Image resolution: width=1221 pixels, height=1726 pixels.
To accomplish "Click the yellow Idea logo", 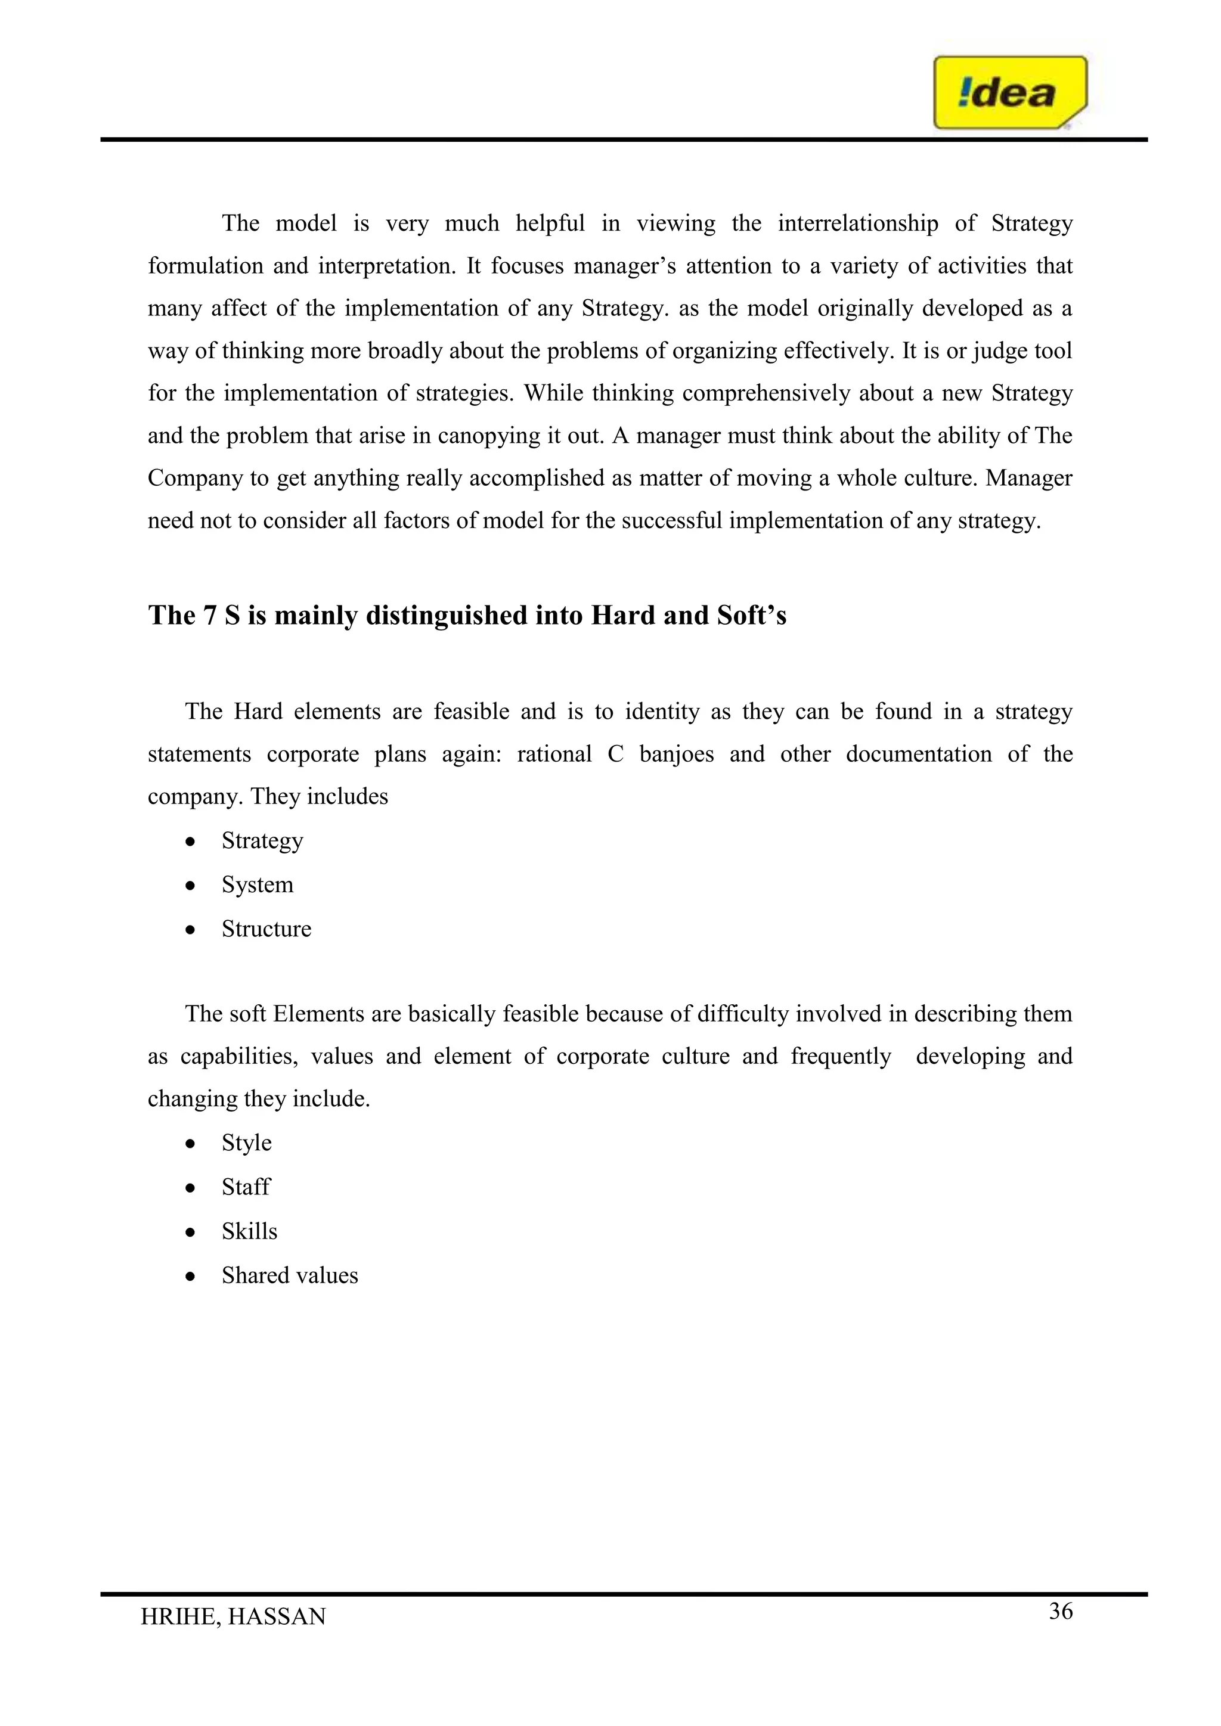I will (x=1009, y=92).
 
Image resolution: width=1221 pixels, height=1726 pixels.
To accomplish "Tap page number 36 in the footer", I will (x=1060, y=1611).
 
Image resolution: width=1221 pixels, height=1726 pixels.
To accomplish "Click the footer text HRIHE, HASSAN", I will (x=233, y=1616).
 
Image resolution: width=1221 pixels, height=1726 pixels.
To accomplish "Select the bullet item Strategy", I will (x=262, y=840).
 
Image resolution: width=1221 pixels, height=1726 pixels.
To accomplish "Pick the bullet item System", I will (x=257, y=885).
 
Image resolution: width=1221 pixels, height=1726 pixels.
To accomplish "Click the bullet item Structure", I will (x=266, y=929).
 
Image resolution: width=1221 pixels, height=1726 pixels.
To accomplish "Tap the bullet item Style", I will (x=247, y=1143).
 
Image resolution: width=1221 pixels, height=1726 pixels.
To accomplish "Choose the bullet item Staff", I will (x=246, y=1187).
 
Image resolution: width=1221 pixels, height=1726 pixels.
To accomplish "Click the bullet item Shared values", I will (x=290, y=1275).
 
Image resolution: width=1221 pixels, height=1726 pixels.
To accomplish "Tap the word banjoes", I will (x=676, y=754).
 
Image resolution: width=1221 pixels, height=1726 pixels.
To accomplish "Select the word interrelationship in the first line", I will (x=857, y=223).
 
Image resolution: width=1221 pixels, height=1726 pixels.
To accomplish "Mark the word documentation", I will (x=918, y=754).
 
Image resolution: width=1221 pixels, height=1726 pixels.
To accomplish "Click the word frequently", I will (x=840, y=1056).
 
